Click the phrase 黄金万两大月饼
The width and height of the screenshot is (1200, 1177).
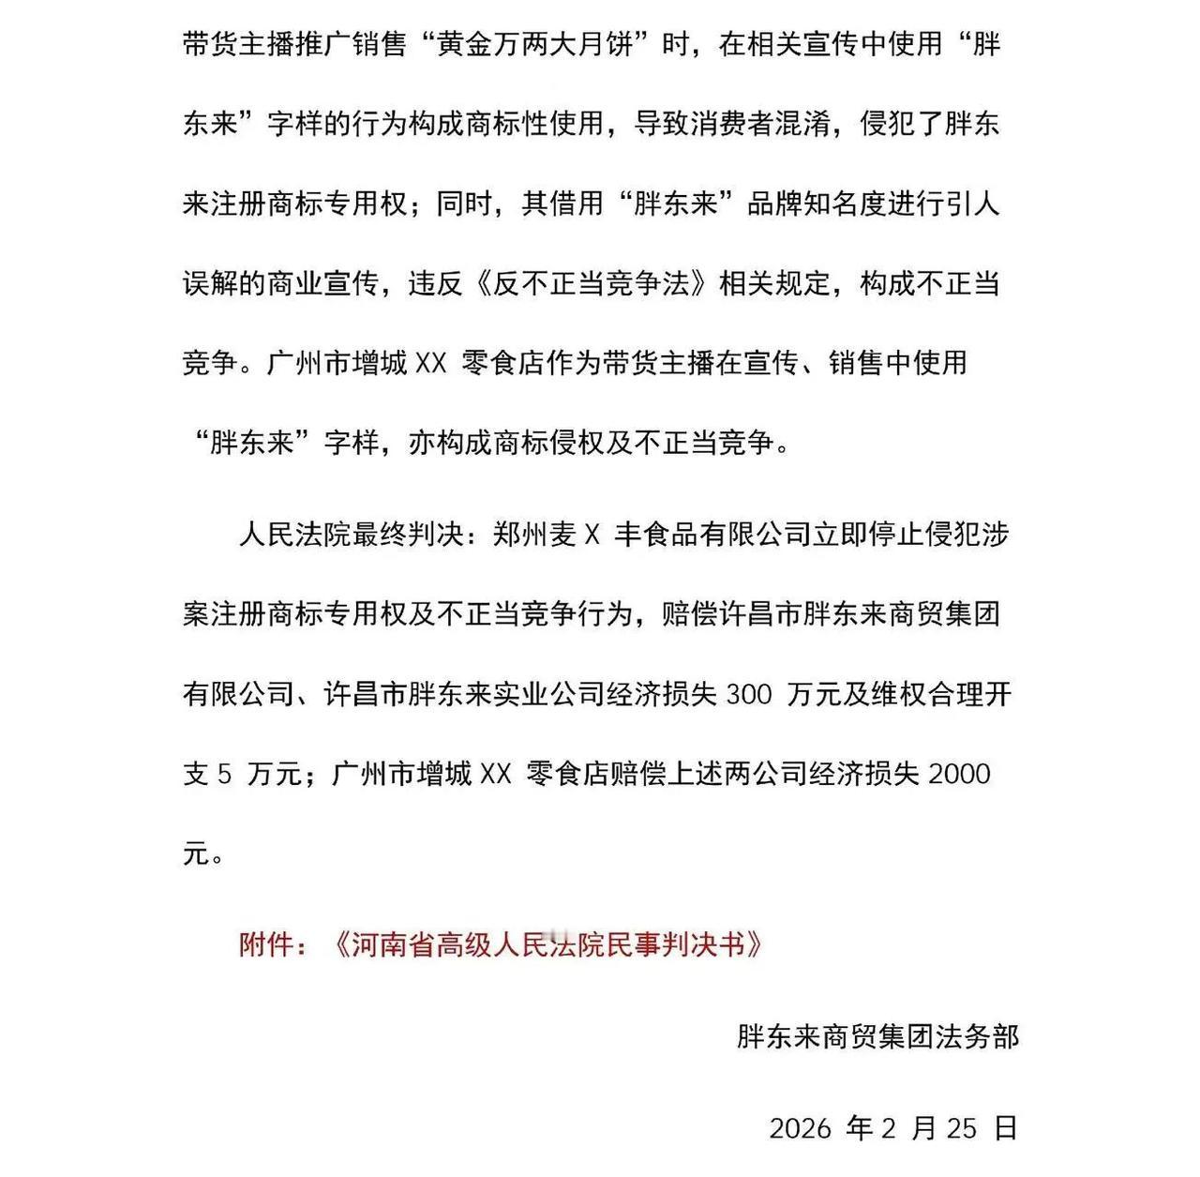click(534, 44)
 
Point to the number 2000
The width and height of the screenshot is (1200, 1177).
click(958, 774)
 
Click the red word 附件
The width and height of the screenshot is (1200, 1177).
click(267, 944)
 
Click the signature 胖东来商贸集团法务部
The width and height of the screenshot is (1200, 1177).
click(877, 1036)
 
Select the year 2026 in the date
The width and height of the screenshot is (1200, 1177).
click(800, 1128)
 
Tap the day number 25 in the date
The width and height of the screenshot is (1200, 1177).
click(961, 1128)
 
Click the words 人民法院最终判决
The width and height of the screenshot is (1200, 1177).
click(351, 535)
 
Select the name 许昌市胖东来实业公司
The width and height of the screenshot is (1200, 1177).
click(464, 695)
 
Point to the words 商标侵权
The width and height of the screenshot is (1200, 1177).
click(562, 442)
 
